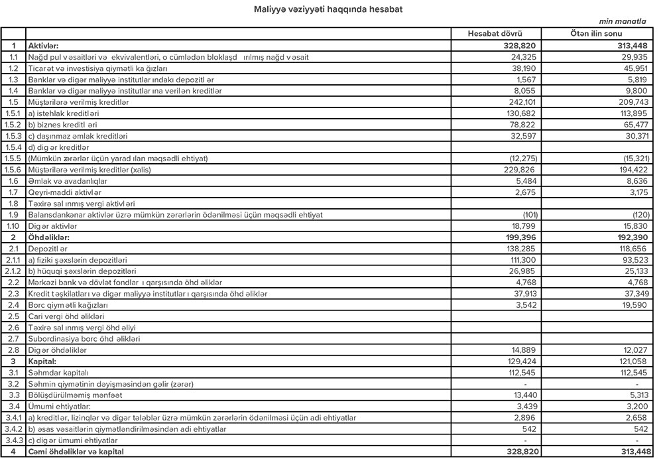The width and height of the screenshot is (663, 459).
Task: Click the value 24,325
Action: click(x=523, y=57)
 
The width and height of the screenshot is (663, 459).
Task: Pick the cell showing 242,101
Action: click(x=520, y=102)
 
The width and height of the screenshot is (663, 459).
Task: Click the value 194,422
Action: click(x=631, y=169)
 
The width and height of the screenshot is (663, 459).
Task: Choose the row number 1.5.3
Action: click(x=13, y=136)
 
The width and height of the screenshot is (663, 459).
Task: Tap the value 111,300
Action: click(x=521, y=259)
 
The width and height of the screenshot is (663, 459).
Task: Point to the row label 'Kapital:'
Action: click(x=42, y=361)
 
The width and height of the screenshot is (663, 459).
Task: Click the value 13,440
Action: click(x=523, y=395)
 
